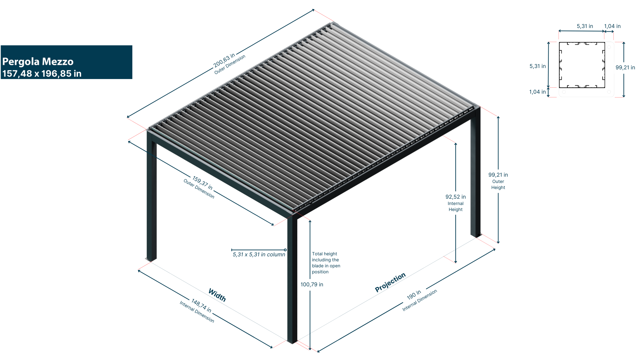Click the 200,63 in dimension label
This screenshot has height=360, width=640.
coord(224,59)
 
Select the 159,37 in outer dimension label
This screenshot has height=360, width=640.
coord(202,183)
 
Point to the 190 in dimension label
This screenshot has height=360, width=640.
coord(414,295)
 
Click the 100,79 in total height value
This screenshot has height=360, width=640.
coord(312,285)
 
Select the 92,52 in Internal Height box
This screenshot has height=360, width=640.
coord(455,203)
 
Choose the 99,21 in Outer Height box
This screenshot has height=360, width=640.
coord(498,181)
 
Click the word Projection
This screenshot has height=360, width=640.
coord(390,282)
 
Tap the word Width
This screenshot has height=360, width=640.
coord(217,295)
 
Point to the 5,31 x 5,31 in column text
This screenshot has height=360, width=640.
coord(259,255)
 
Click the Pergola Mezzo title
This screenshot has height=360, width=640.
coord(38,62)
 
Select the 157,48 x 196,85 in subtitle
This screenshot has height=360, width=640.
coord(42,74)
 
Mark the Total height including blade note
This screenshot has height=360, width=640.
coord(326,263)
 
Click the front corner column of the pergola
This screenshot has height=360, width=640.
coord(292,280)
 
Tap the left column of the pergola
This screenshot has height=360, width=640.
coord(151,200)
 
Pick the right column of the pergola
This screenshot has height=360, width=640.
coord(475,173)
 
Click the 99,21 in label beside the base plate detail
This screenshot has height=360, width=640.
coord(625,68)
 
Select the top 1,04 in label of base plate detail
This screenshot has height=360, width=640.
coord(612,26)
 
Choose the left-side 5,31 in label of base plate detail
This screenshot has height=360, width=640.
coord(537,66)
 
